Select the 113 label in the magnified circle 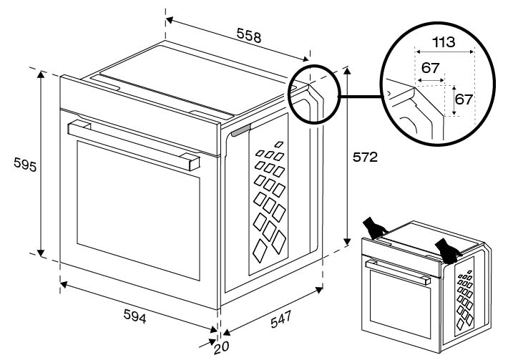[x=444, y=42]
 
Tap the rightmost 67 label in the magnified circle [x=464, y=99]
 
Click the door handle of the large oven [x=133, y=143]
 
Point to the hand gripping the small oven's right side [x=449, y=250]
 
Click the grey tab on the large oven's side [x=241, y=130]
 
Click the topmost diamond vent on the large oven [x=278, y=145]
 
